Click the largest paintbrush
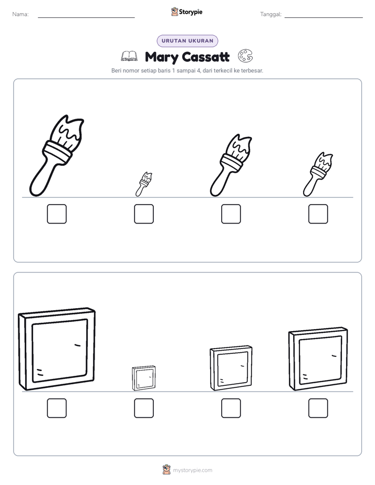(53, 158)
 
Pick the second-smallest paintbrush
(317, 175)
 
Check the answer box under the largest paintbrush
(57, 214)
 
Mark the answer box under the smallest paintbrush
(144, 214)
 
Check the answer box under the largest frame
(57, 408)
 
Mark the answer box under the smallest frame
(144, 408)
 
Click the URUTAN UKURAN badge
(187, 41)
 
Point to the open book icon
(129, 56)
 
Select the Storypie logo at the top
(186, 12)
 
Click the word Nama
(20, 14)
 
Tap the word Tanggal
(270, 14)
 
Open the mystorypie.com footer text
(192, 470)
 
